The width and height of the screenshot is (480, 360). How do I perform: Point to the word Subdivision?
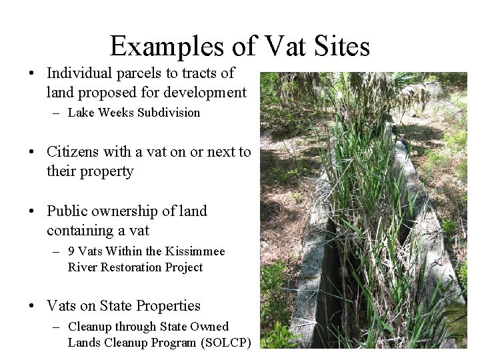168,113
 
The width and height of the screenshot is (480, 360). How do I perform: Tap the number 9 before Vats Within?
72,252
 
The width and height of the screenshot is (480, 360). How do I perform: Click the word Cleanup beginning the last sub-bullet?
91,327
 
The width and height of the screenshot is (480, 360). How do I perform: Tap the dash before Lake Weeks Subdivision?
57,113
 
